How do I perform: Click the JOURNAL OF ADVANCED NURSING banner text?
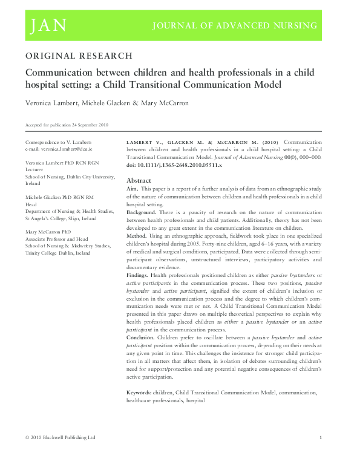click(x=234, y=25)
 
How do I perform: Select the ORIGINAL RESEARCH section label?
click(x=79, y=56)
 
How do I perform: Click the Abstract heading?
click(x=139, y=180)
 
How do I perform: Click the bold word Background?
click(x=142, y=214)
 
